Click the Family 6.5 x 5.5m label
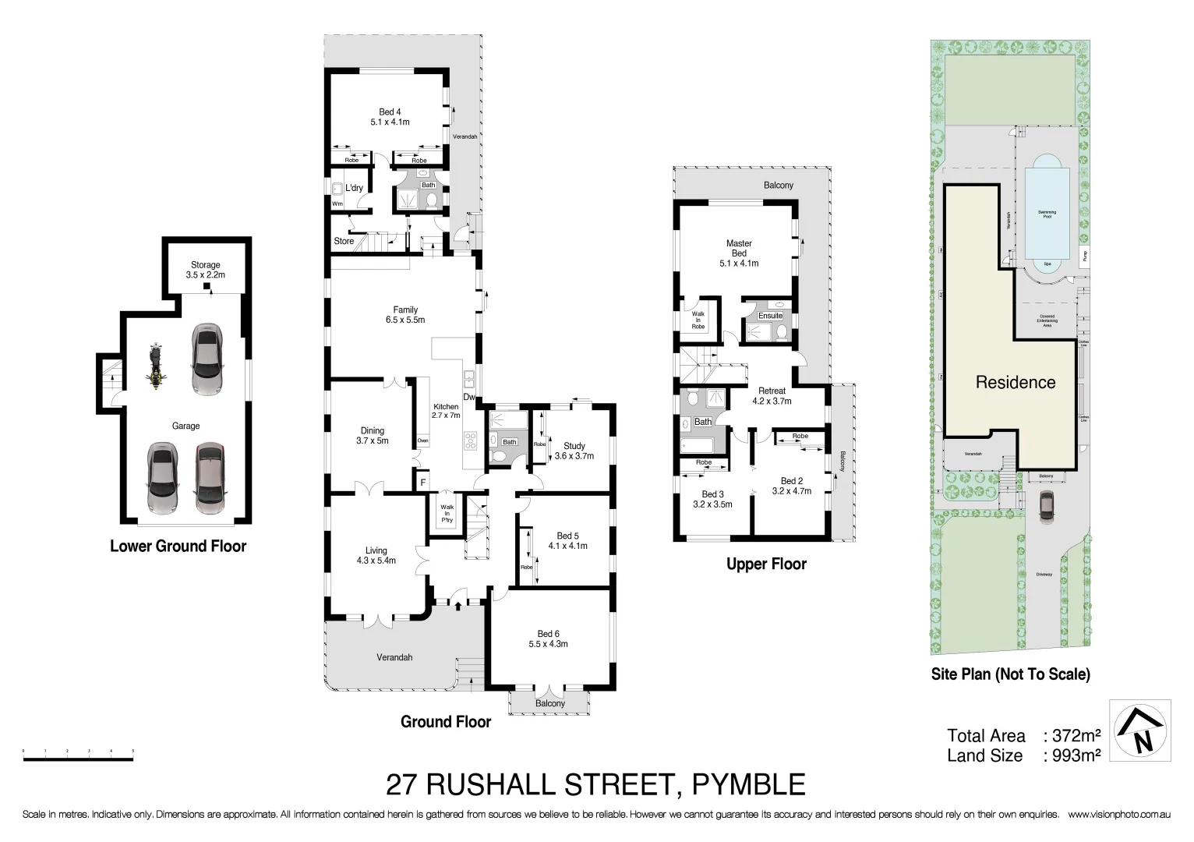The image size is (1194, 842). pos(405,315)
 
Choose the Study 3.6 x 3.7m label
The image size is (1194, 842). pos(574,451)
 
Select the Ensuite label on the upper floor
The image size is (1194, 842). pos(770,316)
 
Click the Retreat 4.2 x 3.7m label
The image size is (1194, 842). pos(772,396)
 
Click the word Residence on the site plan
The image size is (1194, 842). pos(1015,383)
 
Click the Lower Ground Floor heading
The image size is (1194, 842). pos(178,547)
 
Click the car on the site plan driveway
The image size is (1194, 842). pos(1046,505)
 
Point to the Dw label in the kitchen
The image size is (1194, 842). pos(469,398)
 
